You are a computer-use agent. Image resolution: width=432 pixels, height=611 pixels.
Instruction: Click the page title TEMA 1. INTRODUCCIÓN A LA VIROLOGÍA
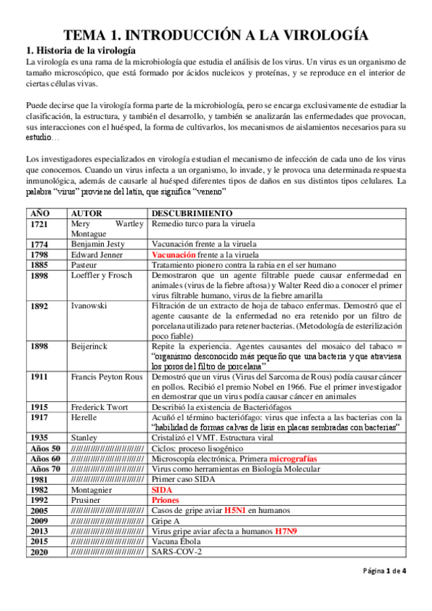click(216, 35)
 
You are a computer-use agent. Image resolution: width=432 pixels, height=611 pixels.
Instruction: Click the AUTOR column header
click(89, 214)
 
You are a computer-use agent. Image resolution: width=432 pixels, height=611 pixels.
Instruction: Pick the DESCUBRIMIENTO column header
click(191, 214)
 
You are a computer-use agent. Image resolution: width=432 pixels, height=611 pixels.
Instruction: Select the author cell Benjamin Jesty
click(97, 244)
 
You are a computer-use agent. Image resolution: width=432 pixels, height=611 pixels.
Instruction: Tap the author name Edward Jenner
click(97, 254)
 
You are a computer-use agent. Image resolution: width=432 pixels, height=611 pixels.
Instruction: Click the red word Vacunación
click(174, 254)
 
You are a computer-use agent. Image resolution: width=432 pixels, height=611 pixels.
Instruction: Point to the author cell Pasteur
click(86, 264)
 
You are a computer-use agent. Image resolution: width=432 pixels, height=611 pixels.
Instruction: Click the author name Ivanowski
click(89, 305)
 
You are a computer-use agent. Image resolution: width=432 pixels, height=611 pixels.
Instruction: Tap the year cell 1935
click(39, 437)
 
